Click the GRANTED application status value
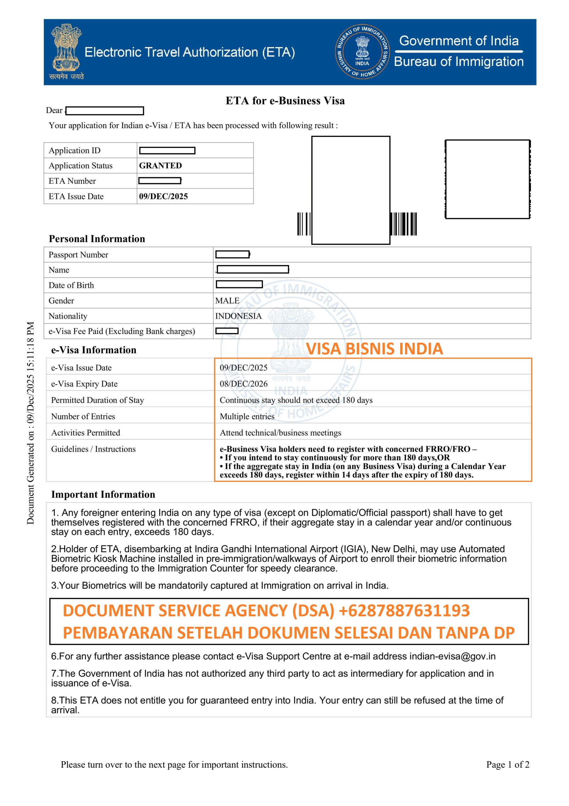pyautogui.click(x=160, y=165)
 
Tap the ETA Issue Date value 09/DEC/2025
pyautogui.click(x=163, y=196)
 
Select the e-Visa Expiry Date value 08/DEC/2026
pyautogui.click(x=243, y=384)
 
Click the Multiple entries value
pyautogui.click(x=247, y=416)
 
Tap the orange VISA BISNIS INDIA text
pyautogui.click(x=374, y=349)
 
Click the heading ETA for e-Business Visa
pyautogui.click(x=285, y=101)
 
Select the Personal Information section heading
pyautogui.click(x=97, y=239)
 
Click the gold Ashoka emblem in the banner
pyautogui.click(x=66, y=48)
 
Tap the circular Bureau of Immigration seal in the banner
pyautogui.click(x=362, y=52)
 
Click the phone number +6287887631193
pyautogui.click(x=404, y=610)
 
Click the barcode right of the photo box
pyautogui.click(x=404, y=224)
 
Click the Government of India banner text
pyautogui.click(x=459, y=41)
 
